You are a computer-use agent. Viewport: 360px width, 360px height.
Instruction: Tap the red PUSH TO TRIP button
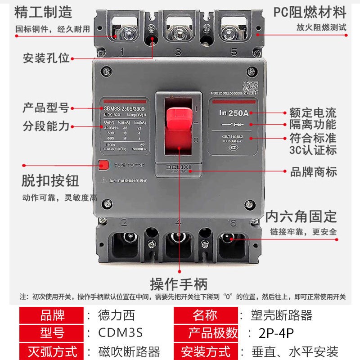(x=103, y=165)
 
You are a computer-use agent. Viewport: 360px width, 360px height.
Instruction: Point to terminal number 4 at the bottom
(x=179, y=222)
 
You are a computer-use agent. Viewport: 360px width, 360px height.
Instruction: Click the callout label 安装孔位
(x=46, y=58)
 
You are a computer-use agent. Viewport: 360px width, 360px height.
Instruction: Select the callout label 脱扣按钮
(x=50, y=180)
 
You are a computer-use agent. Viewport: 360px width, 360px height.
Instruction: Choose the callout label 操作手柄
(x=179, y=284)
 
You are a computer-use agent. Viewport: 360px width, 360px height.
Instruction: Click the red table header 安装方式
(x=206, y=351)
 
